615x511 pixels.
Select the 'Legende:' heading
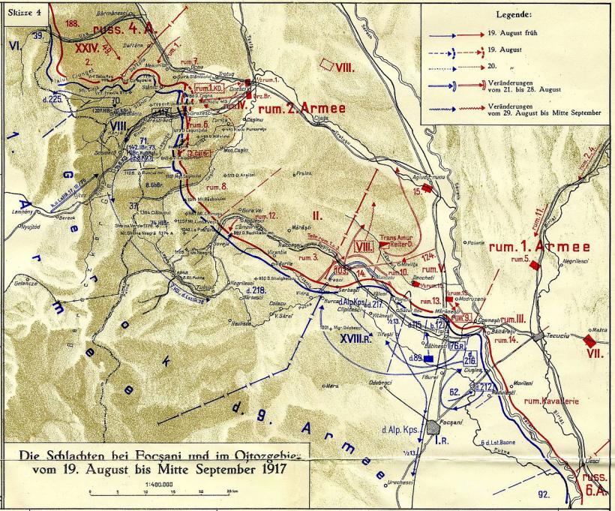pyautogui.click(x=513, y=14)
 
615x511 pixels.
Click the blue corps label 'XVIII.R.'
pyautogui.click(x=358, y=338)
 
